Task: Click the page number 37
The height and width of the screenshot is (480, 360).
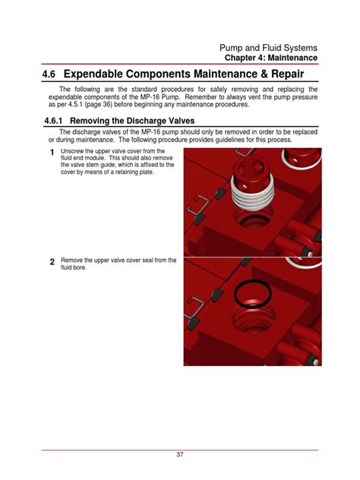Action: (x=180, y=454)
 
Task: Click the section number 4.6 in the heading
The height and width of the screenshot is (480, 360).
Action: (x=49, y=74)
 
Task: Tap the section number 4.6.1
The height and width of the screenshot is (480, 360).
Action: (x=54, y=121)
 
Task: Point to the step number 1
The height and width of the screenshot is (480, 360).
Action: (x=52, y=152)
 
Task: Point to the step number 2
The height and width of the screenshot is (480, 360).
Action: (x=52, y=262)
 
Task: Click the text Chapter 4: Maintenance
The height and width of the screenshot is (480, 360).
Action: (x=271, y=58)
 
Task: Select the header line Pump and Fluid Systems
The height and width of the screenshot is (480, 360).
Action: (x=268, y=48)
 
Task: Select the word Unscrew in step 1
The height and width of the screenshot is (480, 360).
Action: (x=70, y=151)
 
